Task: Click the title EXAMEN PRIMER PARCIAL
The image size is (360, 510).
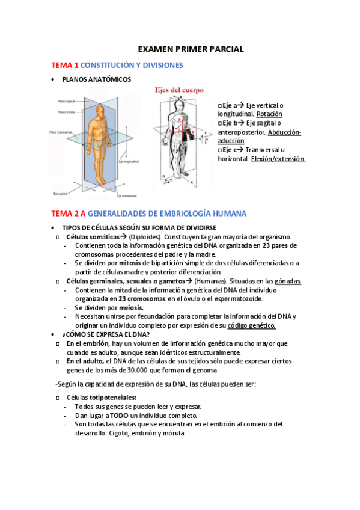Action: [x=191, y=49]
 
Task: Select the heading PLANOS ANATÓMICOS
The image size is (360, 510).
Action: [x=97, y=79]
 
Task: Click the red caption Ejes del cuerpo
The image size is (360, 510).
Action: [x=180, y=90]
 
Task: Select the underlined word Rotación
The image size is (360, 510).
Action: [x=269, y=114]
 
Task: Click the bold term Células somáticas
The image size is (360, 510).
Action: [x=93, y=236]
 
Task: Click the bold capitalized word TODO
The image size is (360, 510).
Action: [x=118, y=416]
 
